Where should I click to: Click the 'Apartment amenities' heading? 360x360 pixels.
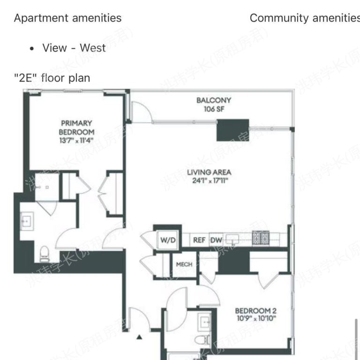[x=67, y=18]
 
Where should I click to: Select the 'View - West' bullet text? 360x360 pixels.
[x=74, y=48]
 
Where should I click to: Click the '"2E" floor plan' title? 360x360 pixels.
[x=52, y=78]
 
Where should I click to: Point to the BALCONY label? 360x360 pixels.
[x=214, y=100]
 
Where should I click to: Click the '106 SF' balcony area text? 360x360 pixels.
[x=214, y=109]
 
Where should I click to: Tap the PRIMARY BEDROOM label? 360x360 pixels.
[x=76, y=127]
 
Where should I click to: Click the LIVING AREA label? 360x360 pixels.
[x=209, y=172]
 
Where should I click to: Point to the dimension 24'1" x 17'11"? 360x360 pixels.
[x=209, y=180]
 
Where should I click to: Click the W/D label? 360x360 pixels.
[x=168, y=240]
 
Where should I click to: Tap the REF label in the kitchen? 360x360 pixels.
[x=199, y=240]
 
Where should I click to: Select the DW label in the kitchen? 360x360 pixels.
[x=216, y=240]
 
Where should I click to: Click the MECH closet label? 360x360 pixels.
[x=184, y=264]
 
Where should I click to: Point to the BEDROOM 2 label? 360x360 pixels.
[x=255, y=310]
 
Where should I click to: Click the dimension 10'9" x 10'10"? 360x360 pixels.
[x=255, y=319]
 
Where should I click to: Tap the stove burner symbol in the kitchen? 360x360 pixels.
[x=260, y=238]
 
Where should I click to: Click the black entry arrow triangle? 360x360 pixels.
[x=139, y=336]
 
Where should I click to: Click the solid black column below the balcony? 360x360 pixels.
[x=232, y=130]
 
